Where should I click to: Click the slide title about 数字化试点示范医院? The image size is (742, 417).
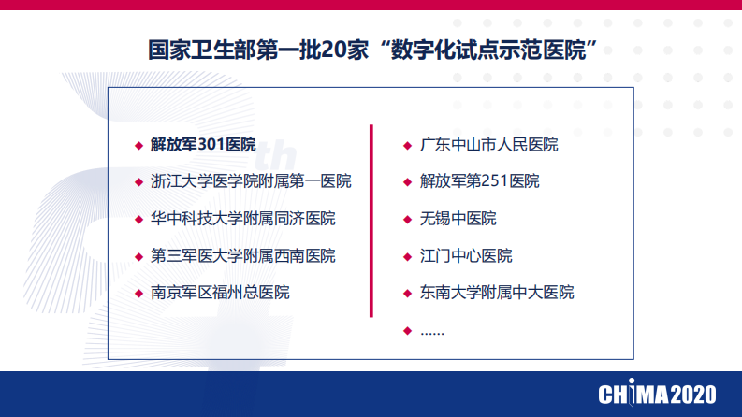373,48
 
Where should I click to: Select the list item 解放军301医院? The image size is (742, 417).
202,145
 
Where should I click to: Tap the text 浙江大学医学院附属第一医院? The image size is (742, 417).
250,181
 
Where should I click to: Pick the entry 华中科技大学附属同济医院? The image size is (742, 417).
242,219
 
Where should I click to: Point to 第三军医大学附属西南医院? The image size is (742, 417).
242,255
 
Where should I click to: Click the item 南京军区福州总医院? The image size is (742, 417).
220,293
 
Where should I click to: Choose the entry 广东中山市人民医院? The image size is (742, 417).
488,145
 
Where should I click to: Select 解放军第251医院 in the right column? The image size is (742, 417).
479,181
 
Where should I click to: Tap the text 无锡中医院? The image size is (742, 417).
458,219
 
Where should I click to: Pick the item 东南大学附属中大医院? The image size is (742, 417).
496,293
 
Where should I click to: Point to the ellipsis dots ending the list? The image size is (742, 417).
432,330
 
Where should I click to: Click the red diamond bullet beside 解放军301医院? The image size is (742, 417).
138,146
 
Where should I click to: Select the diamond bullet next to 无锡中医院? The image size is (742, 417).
407,220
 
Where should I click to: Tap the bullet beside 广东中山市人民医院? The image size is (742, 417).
407,146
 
